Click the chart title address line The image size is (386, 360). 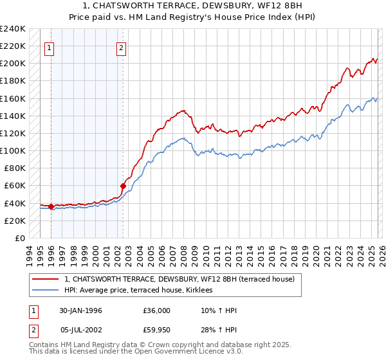tap(192, 6)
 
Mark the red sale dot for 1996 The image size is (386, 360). tap(51, 207)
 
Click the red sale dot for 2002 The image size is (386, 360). tap(123, 186)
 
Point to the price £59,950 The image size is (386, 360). tap(158, 331)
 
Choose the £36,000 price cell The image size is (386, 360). tap(158, 310)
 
